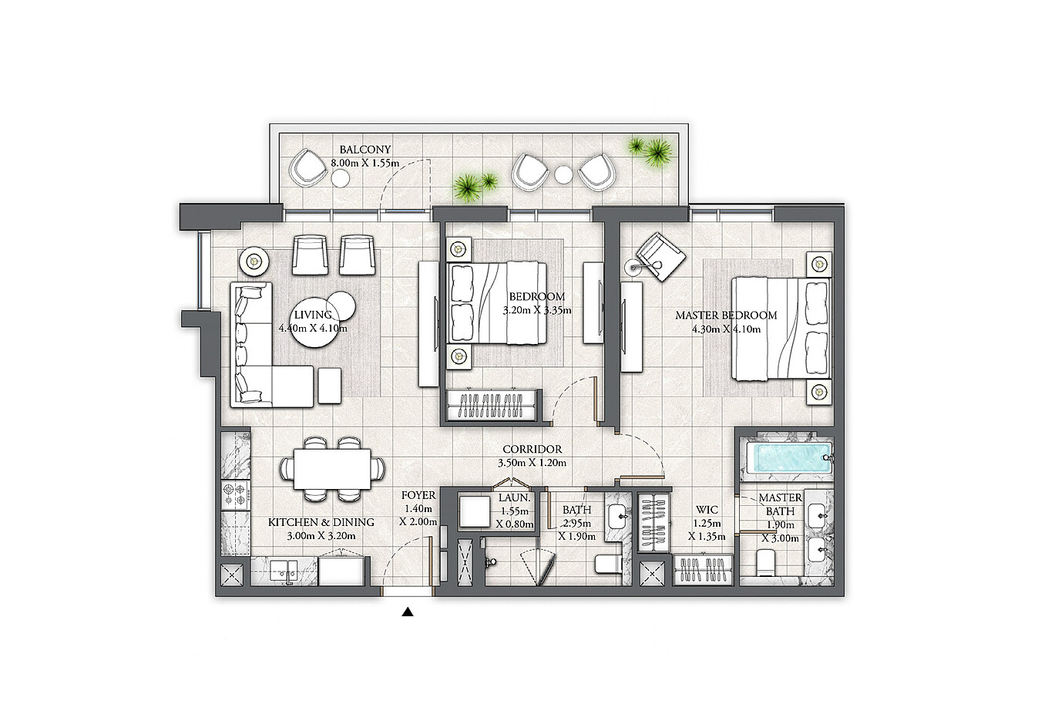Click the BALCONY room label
click(365, 150)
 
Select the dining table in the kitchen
click(332, 469)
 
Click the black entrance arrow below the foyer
click(408, 612)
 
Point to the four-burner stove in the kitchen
click(235, 496)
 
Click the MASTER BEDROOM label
click(726, 315)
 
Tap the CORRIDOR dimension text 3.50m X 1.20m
click(532, 463)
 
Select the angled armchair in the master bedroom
click(660, 257)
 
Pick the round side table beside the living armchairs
click(254, 261)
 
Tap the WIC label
click(707, 509)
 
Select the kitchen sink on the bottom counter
click(283, 571)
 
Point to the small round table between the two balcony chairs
click(563, 175)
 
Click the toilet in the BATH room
click(607, 564)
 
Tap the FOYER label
click(418, 495)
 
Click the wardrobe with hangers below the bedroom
click(492, 405)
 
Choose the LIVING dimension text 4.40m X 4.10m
click(313, 328)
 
